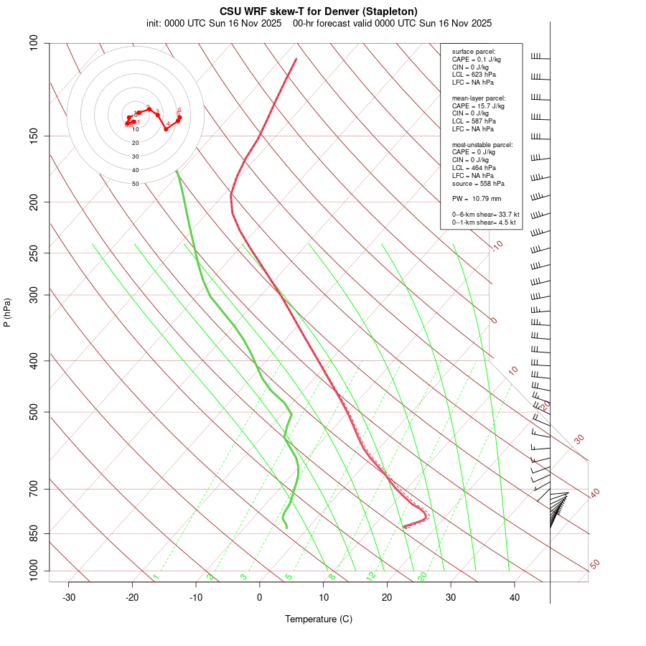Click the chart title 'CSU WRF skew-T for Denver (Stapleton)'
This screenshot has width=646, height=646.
tap(319, 11)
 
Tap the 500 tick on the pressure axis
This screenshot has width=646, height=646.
tap(34, 412)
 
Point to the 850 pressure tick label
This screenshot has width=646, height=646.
tap(34, 533)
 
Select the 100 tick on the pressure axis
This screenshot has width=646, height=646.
tap(34, 43)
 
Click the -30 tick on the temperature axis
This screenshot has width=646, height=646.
tap(69, 597)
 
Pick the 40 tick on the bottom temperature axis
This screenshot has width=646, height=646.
tap(515, 597)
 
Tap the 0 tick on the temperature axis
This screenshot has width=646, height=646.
tap(260, 597)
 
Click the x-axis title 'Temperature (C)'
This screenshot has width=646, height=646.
tap(319, 619)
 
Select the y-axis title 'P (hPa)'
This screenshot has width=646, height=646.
tap(7, 312)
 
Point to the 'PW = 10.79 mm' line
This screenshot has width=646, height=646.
tap(477, 198)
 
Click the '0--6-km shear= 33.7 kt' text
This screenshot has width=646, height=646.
tap(485, 214)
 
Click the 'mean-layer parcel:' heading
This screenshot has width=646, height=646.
tap(479, 98)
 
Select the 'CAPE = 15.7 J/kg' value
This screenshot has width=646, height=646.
tap(478, 106)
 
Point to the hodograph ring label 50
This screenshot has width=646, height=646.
tap(136, 184)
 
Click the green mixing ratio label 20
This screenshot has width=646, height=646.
tap(423, 576)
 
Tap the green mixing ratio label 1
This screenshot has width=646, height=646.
tap(156, 577)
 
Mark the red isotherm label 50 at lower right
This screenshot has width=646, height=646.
tap(594, 565)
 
